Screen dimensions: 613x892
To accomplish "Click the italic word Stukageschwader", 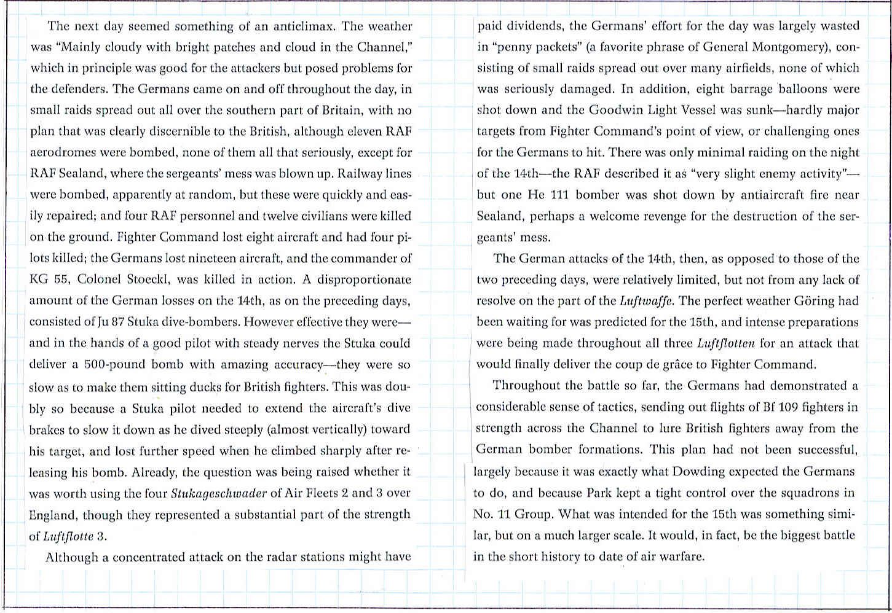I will (213, 493).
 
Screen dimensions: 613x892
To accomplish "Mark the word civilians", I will (327, 216).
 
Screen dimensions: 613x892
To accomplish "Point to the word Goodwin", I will (616, 110).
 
